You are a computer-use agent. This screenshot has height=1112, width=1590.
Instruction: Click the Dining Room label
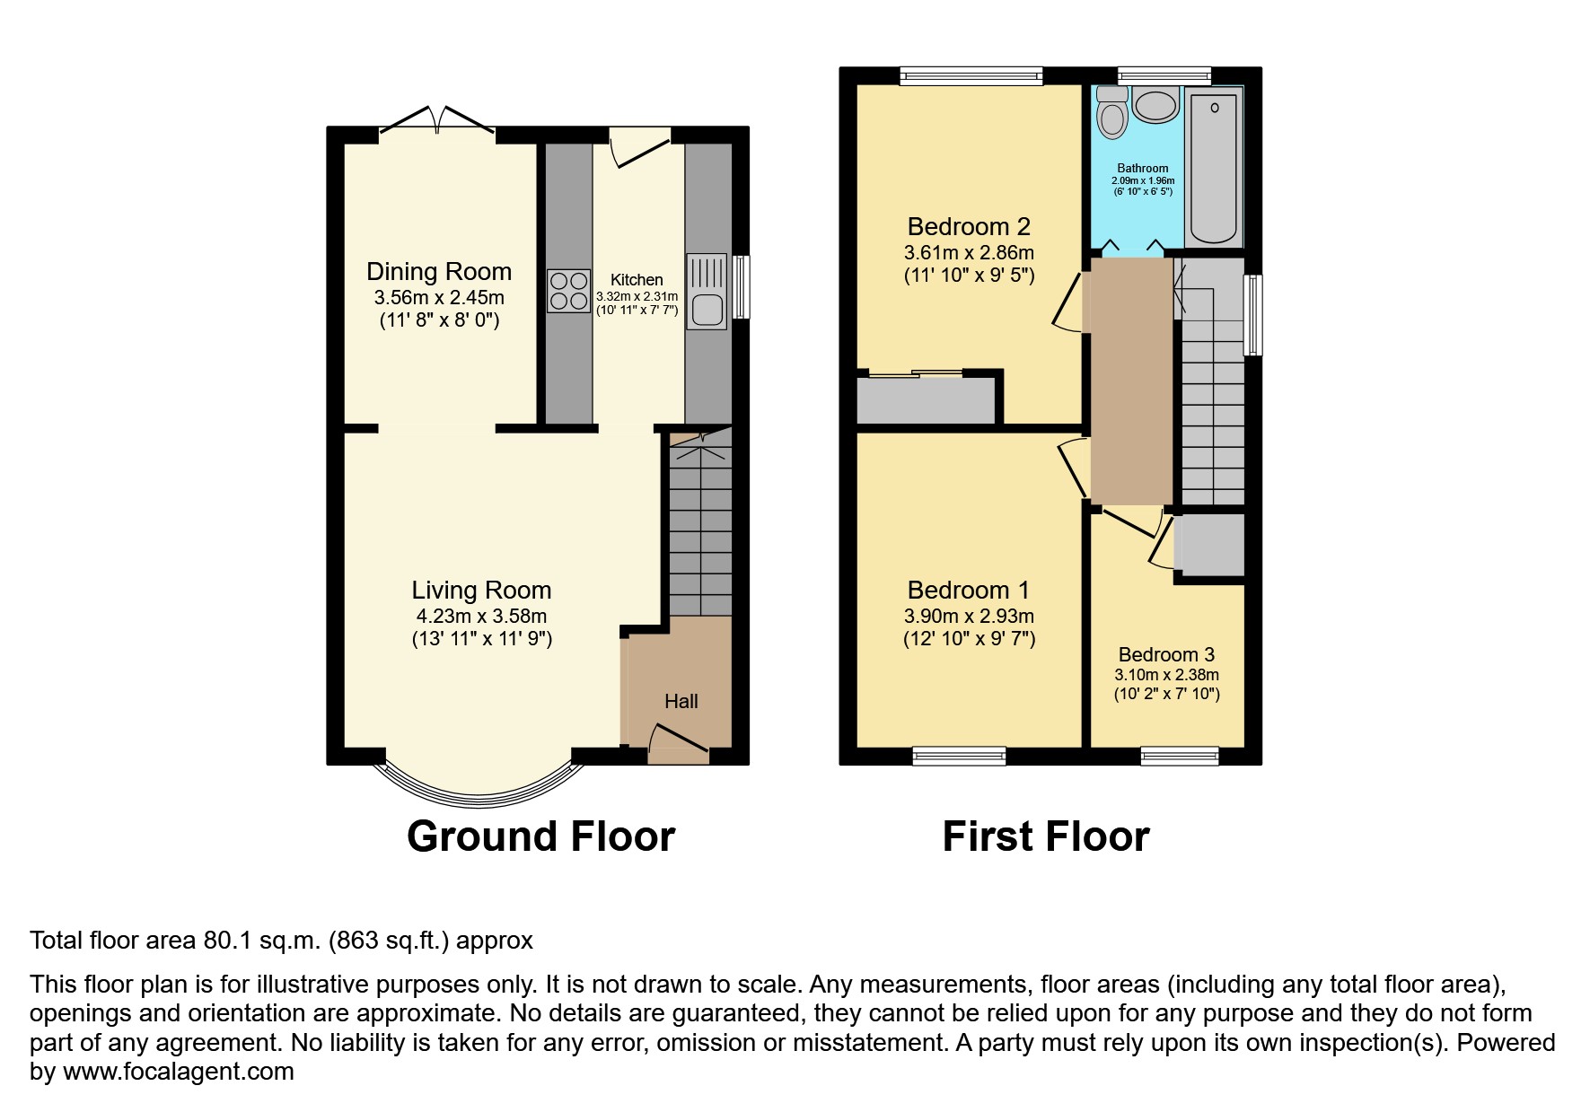(x=439, y=271)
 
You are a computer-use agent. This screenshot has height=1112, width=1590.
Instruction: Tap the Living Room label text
(x=481, y=590)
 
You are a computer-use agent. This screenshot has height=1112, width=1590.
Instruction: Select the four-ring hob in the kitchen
(x=569, y=291)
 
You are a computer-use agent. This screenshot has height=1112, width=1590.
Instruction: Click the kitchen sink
(x=707, y=291)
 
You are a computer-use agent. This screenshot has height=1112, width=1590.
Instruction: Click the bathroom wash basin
(x=1155, y=105)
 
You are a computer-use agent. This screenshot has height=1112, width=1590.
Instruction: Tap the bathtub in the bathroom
(x=1214, y=167)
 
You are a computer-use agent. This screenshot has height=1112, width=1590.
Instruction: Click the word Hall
(x=681, y=701)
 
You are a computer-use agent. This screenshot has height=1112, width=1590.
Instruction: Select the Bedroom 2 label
(x=969, y=226)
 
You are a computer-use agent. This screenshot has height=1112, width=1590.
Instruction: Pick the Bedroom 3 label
(x=1166, y=654)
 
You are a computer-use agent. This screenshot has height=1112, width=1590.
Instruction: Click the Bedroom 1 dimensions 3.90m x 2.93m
(x=969, y=616)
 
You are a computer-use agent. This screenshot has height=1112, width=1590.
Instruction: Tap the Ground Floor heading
(x=540, y=836)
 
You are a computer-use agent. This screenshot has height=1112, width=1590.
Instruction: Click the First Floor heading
(x=1046, y=836)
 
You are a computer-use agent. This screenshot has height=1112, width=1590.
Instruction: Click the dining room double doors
(x=437, y=120)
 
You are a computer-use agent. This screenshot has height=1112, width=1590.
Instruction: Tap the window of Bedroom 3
(x=1180, y=757)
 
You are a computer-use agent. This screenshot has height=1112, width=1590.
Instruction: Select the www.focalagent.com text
(x=179, y=1071)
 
